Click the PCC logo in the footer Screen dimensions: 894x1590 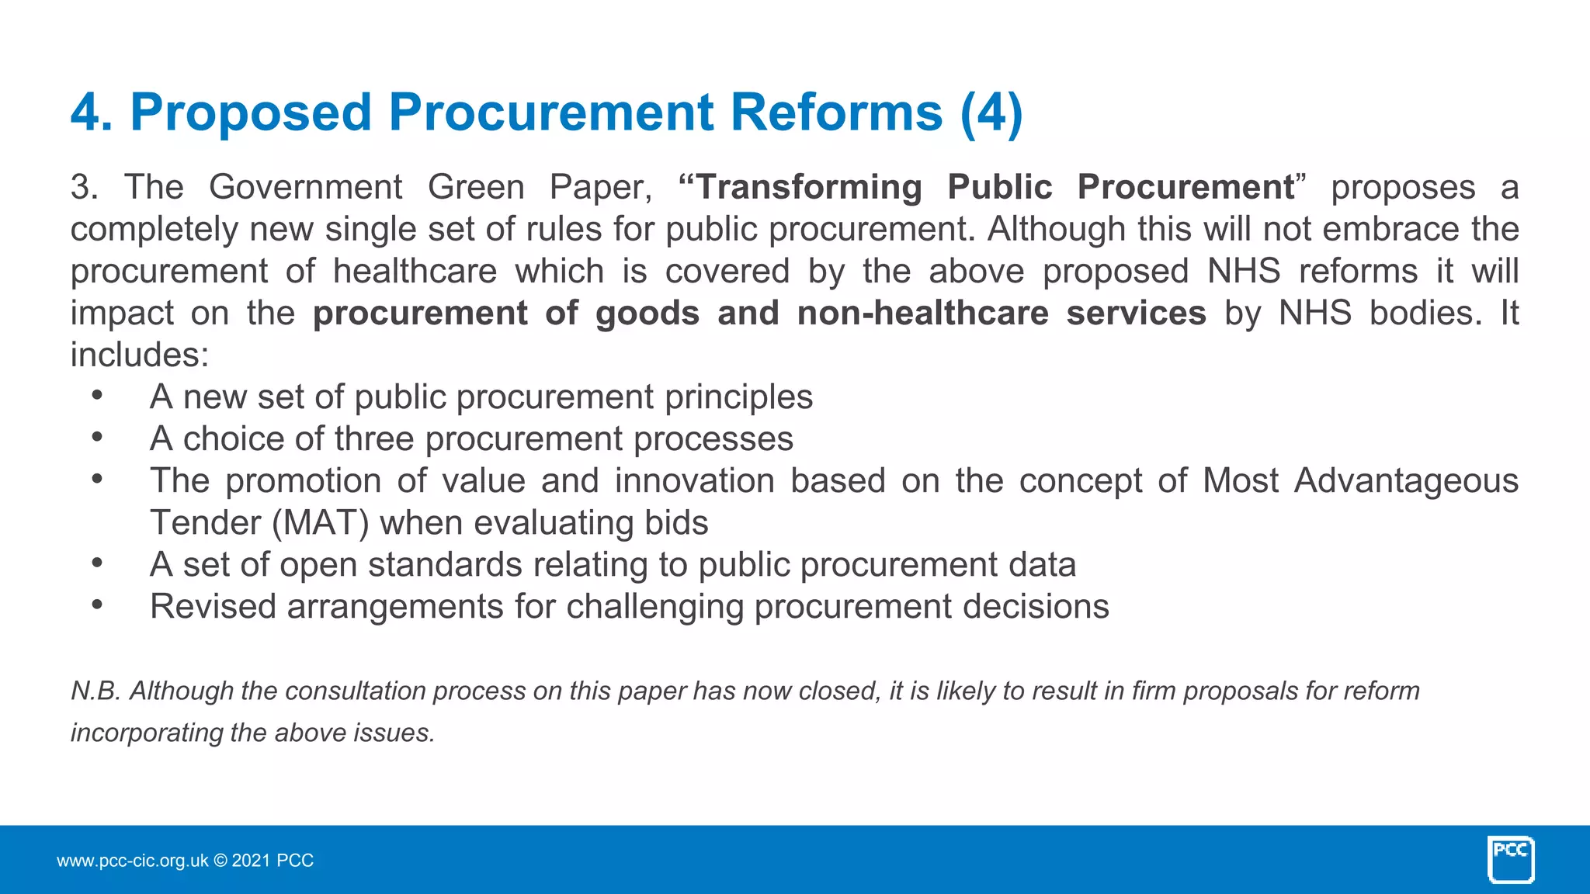(x=1511, y=859)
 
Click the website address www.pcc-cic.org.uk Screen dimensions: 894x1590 (x=132, y=861)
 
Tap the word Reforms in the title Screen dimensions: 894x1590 (x=836, y=113)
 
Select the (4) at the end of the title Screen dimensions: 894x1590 (x=991, y=113)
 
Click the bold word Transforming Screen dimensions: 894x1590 (x=810, y=188)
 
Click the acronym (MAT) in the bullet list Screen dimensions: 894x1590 (x=321, y=523)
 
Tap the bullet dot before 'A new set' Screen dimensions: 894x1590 (x=97, y=396)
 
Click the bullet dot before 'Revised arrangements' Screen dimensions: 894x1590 (x=97, y=605)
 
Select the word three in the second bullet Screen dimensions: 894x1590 (x=374, y=439)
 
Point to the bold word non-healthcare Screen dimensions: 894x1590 (x=922, y=314)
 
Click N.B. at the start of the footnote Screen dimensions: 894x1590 (x=95, y=691)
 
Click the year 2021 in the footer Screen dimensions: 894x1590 (x=251, y=861)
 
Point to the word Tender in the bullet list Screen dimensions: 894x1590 (x=206, y=523)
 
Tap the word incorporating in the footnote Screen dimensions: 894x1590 (x=147, y=733)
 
